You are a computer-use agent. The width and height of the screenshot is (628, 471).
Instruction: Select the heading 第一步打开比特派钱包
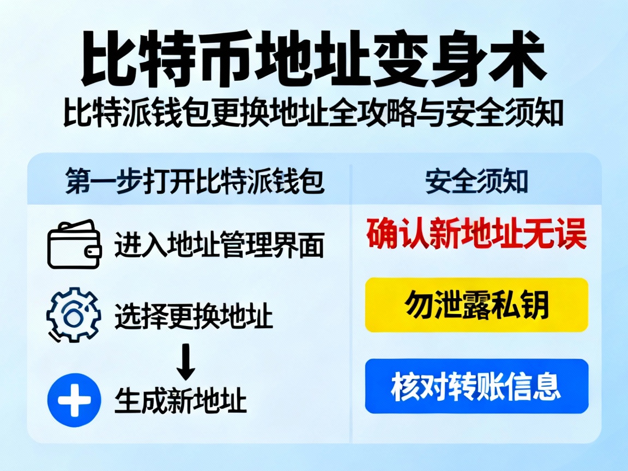(194, 182)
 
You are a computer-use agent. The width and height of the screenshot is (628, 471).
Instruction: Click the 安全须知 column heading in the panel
(476, 182)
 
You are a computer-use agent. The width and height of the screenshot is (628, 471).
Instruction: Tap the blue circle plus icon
(74, 400)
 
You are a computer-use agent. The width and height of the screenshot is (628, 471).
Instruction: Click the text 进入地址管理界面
(219, 245)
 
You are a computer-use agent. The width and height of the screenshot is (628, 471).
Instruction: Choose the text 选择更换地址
(194, 316)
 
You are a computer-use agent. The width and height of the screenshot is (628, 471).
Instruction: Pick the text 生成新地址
(180, 401)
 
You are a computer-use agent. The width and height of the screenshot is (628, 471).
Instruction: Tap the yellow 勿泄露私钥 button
(476, 305)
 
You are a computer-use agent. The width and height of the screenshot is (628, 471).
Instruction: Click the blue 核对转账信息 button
(476, 386)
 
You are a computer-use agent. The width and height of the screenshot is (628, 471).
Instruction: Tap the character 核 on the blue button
(404, 386)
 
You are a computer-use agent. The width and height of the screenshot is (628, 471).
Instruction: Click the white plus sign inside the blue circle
(74, 400)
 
